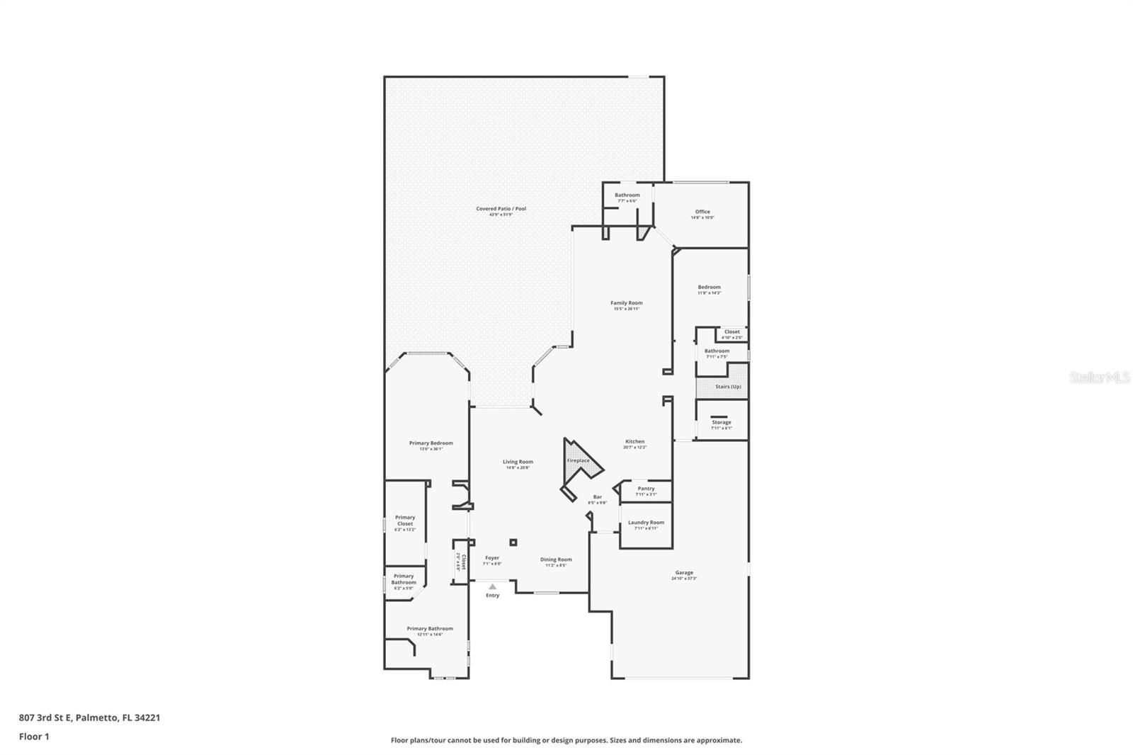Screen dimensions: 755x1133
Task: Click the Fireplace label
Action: click(x=578, y=460)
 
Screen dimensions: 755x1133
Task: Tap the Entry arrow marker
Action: click(x=493, y=586)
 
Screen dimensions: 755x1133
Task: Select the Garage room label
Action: click(x=684, y=572)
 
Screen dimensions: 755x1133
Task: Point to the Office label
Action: click(x=702, y=212)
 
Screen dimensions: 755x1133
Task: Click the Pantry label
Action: click(x=646, y=488)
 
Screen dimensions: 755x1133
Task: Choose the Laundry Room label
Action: click(x=646, y=523)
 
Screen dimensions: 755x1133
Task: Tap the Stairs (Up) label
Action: click(x=728, y=387)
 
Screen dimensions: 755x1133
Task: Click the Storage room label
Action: click(x=722, y=422)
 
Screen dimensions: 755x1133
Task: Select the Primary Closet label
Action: click(x=405, y=521)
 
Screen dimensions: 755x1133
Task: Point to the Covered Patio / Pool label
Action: click(x=501, y=209)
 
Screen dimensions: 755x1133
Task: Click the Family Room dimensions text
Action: click(x=627, y=309)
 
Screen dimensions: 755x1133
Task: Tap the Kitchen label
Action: click(x=634, y=441)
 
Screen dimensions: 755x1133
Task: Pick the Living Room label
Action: click(x=518, y=462)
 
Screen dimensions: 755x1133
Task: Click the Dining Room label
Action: click(x=556, y=560)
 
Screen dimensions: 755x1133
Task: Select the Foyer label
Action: click(x=492, y=558)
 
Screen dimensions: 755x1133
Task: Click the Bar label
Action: click(x=598, y=496)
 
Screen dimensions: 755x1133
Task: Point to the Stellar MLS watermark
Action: click(x=1099, y=378)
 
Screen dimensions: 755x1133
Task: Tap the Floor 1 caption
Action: click(x=34, y=737)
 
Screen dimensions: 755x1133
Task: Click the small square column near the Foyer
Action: click(x=513, y=543)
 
